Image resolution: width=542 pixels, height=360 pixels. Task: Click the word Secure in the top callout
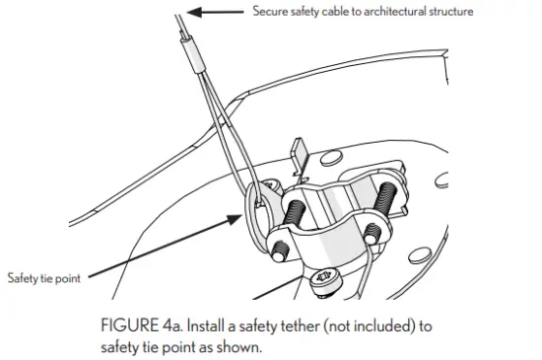(x=272, y=12)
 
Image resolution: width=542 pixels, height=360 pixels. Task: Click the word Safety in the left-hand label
(x=23, y=277)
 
